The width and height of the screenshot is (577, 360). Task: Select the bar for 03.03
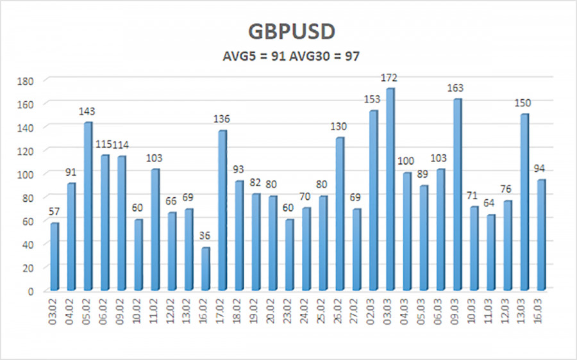pos(390,189)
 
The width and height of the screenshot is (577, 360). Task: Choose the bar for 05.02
pos(88,206)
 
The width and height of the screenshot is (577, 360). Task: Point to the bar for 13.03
pos(524,202)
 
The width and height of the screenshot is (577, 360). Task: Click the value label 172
pos(390,78)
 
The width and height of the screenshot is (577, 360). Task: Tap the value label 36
pos(206,236)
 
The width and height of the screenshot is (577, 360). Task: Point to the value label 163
pos(456,88)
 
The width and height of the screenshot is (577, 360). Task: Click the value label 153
pos(372,100)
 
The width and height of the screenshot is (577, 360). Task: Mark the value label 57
pos(54,212)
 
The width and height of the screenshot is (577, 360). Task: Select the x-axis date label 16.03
pos(540,312)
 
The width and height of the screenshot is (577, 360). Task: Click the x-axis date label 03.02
pos(55,312)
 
